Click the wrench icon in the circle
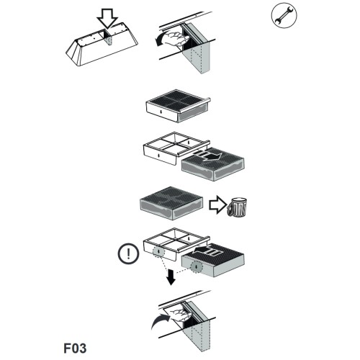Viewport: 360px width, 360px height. (x=284, y=15)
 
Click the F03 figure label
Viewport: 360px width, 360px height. (x=75, y=348)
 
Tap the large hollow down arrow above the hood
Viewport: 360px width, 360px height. (x=107, y=19)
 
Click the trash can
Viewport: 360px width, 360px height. (x=237, y=207)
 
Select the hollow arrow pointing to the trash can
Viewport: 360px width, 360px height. (x=217, y=205)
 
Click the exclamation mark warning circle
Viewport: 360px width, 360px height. (x=128, y=253)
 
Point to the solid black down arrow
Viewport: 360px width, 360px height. (x=171, y=277)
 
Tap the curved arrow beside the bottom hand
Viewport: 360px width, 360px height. (x=161, y=321)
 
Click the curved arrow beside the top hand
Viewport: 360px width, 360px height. (x=161, y=39)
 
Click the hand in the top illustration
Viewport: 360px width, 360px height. (x=176, y=38)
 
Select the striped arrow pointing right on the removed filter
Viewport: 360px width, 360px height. (x=207, y=156)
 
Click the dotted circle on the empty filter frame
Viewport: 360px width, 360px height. (x=158, y=251)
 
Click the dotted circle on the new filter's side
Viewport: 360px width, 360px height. (x=197, y=266)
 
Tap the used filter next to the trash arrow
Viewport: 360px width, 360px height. (x=171, y=203)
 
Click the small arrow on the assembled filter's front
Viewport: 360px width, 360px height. (x=161, y=112)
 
